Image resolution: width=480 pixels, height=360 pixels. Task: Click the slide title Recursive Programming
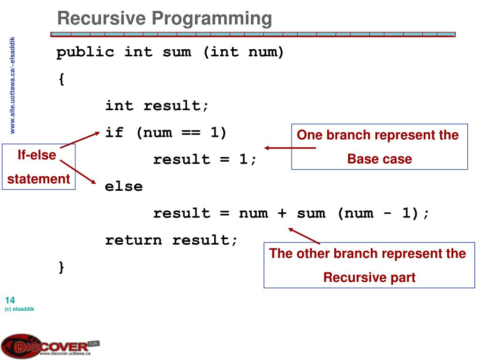click(165, 19)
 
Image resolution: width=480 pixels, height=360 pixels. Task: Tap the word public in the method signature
click(85, 52)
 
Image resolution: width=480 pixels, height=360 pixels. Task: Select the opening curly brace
click(61, 79)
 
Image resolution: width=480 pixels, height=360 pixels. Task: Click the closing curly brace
click(61, 267)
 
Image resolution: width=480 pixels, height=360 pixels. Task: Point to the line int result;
click(157, 106)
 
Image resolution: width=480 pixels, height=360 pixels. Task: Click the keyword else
click(124, 187)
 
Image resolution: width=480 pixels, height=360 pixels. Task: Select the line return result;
click(172, 240)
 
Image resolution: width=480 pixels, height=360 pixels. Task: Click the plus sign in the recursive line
click(282, 214)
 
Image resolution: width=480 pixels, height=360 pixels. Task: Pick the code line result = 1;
click(205, 160)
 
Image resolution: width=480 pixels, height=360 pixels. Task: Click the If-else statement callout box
click(38, 167)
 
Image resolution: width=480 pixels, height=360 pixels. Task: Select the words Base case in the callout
click(379, 159)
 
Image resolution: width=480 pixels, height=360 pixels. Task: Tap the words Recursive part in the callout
click(369, 277)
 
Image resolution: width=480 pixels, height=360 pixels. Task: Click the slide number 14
click(10, 300)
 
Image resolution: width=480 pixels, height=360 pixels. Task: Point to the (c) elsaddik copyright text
click(20, 309)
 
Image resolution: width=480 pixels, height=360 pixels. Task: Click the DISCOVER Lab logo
click(47, 346)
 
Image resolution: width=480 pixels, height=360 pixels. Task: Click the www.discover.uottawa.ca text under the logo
click(65, 354)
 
